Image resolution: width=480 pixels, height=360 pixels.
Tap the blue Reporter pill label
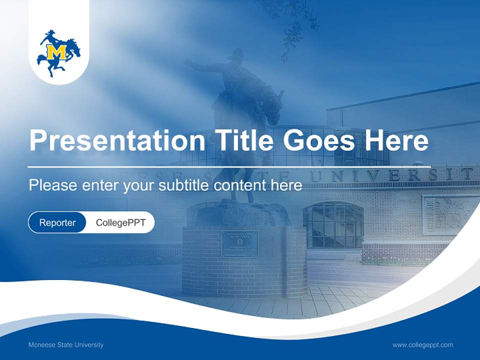click(57, 222)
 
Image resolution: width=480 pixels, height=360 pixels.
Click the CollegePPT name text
click(120, 222)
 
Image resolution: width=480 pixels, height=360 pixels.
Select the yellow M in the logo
click(56, 51)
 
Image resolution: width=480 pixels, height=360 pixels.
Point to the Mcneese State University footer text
click(66, 344)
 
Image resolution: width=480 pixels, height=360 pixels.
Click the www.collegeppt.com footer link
click(422, 344)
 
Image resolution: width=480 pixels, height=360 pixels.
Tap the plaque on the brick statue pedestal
click(240, 244)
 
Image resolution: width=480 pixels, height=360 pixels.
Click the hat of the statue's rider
click(236, 53)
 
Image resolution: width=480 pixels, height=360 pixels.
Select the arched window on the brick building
click(333, 224)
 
